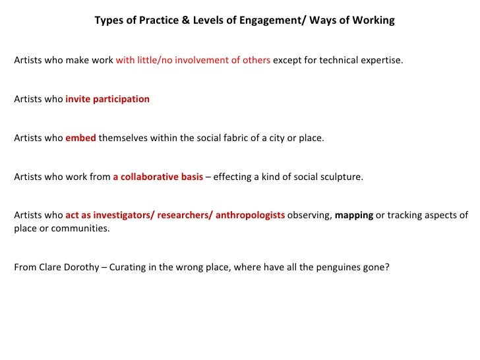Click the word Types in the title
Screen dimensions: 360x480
click(x=108, y=20)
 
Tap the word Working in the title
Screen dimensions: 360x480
click(x=374, y=20)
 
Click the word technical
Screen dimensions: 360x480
click(x=330, y=61)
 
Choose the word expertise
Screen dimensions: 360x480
click(x=378, y=61)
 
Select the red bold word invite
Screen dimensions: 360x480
click(x=78, y=100)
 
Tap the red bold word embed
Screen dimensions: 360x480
click(x=80, y=138)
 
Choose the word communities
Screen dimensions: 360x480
click(x=84, y=229)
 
